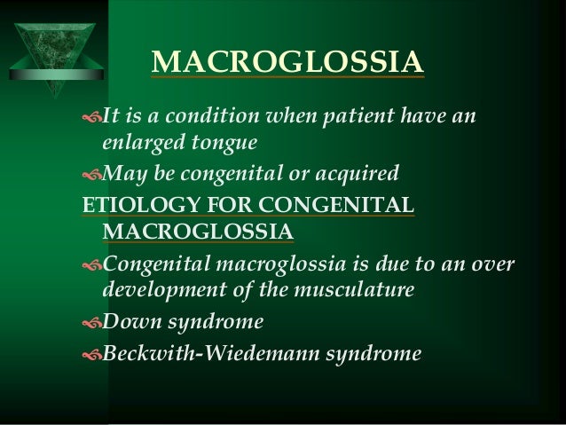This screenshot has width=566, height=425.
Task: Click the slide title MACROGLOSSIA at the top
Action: click(287, 63)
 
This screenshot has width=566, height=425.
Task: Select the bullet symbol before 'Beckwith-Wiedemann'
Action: click(91, 353)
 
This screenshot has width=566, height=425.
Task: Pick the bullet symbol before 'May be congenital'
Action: click(91, 170)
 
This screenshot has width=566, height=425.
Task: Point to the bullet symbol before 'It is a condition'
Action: click(91, 117)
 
